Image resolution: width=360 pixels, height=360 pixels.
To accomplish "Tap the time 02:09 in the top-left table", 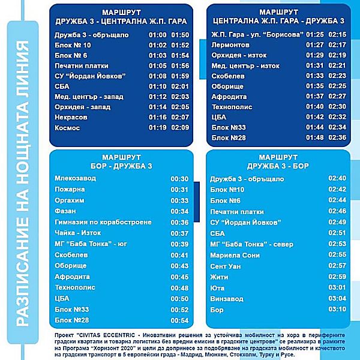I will click(180, 127).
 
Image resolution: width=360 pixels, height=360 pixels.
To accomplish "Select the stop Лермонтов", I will click(230, 45).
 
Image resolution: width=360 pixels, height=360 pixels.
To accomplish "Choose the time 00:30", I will click(179, 178).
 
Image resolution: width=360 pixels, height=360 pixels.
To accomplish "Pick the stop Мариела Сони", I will click(235, 255).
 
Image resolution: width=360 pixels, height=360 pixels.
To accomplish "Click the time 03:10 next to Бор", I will click(337, 309).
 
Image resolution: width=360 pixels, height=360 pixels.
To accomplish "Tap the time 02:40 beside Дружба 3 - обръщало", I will click(337, 179).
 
